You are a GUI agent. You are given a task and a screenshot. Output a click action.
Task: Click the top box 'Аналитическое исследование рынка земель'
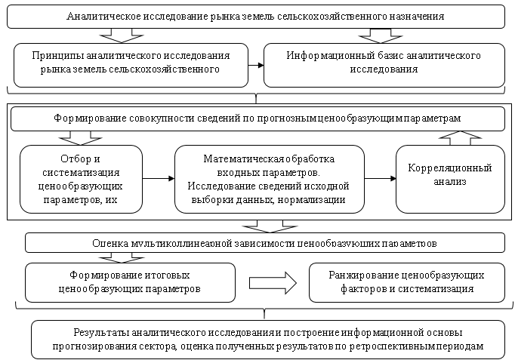(255, 16)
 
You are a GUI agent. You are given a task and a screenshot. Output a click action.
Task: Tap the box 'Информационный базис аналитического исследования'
(384, 63)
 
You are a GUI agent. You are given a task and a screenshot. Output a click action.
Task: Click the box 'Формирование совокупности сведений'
(257, 118)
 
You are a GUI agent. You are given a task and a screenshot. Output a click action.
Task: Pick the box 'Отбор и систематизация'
(80, 178)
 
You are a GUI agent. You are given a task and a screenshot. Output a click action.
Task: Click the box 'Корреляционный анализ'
(449, 178)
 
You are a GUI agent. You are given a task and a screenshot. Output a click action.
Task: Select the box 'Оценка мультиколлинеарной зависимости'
(264, 243)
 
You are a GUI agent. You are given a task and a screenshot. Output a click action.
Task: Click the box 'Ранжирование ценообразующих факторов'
(406, 282)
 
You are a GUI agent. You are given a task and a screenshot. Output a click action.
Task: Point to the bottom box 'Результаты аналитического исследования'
(268, 339)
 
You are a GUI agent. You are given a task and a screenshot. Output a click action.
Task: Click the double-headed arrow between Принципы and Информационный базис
(256, 63)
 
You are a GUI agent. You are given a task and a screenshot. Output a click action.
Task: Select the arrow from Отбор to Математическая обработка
(157, 179)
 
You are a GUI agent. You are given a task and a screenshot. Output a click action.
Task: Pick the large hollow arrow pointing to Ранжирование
(276, 282)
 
